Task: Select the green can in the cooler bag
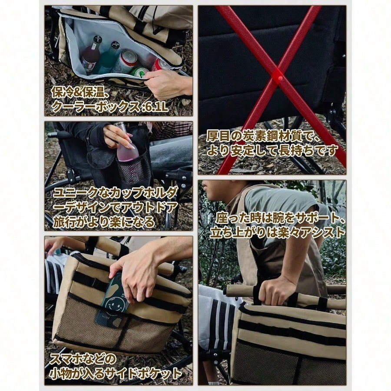coord(139,72)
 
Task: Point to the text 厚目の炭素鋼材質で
coord(263,136)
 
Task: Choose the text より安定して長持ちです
coord(272,150)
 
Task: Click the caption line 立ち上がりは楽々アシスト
coord(277,232)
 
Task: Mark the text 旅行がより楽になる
coord(104,222)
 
